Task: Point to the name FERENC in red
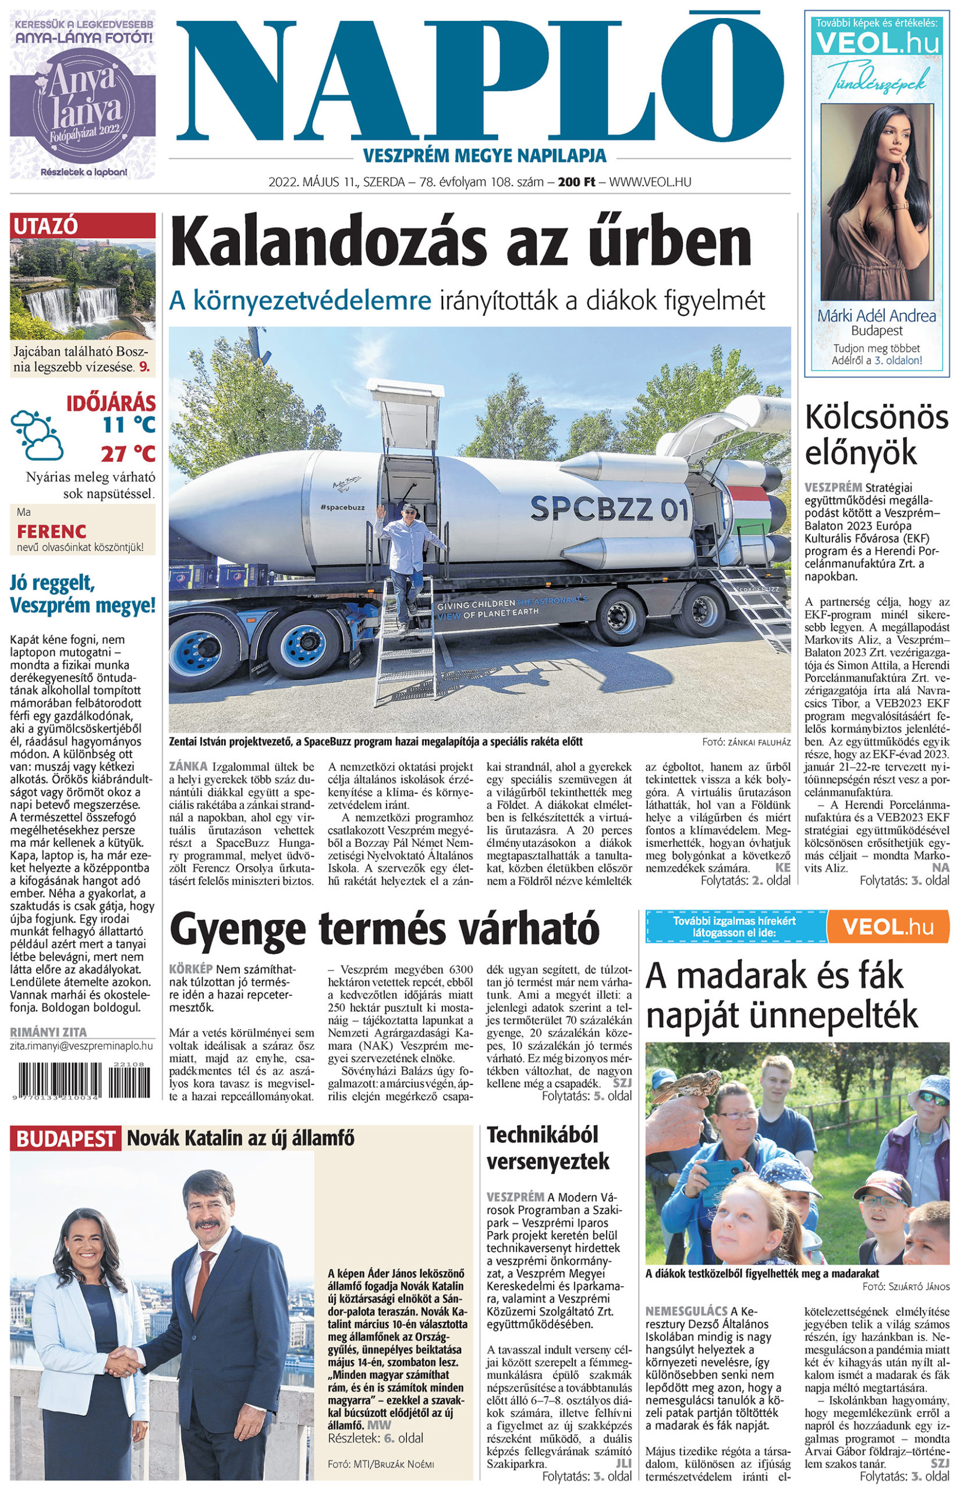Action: [51, 531]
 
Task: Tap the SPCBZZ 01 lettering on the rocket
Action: [609, 509]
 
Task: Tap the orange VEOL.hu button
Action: [888, 927]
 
